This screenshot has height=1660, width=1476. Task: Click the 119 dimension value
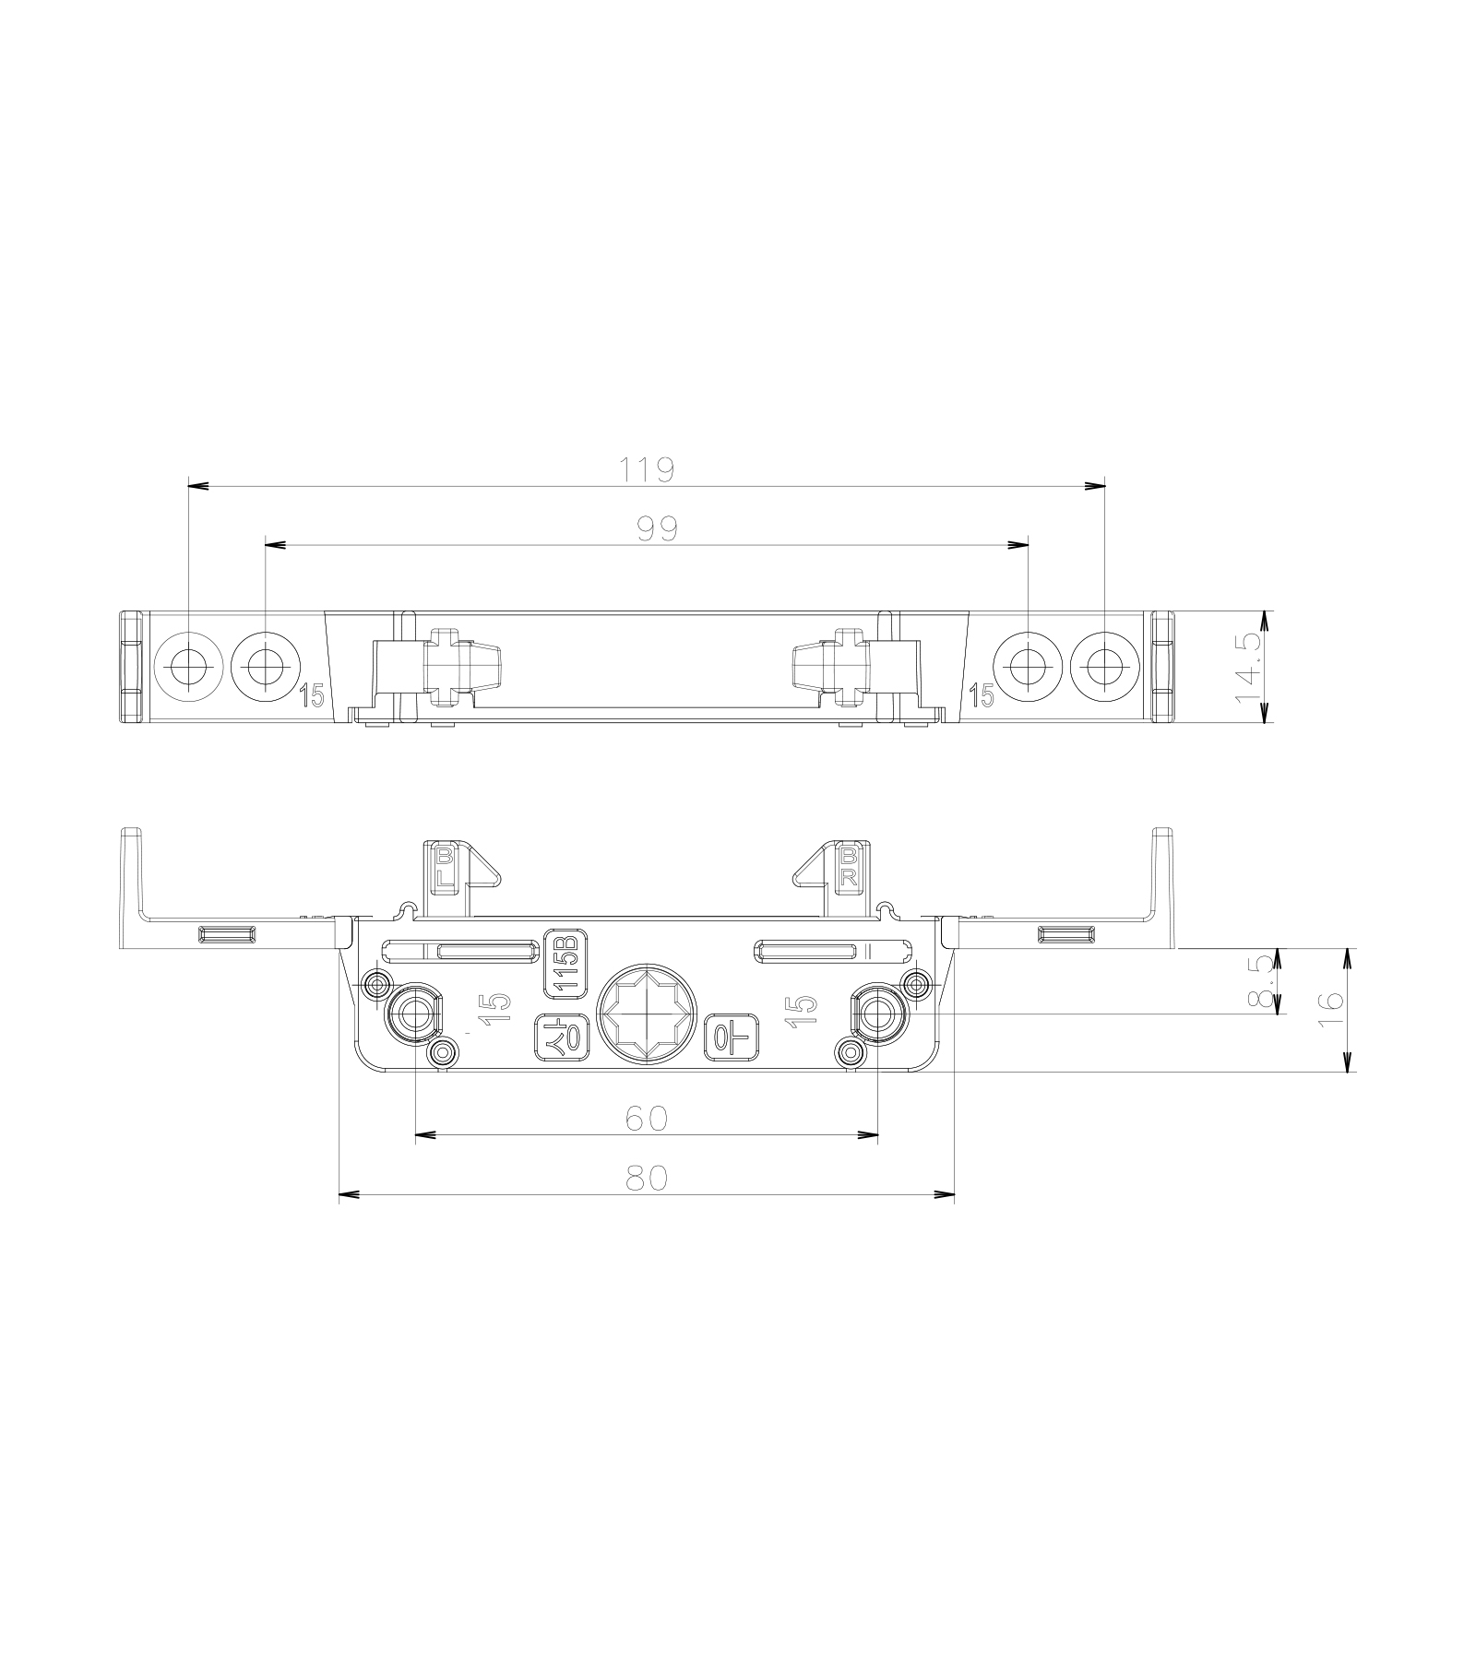pos(648,469)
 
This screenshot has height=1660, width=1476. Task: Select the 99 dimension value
pos(657,528)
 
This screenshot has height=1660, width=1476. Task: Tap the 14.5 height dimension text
pos(1250,665)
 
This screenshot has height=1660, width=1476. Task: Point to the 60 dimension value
pos(646,1118)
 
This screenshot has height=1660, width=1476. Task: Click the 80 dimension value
pos(646,1179)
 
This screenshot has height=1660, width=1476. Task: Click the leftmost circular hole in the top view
pos(188,665)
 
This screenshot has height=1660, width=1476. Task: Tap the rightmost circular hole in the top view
pos(1105,665)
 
